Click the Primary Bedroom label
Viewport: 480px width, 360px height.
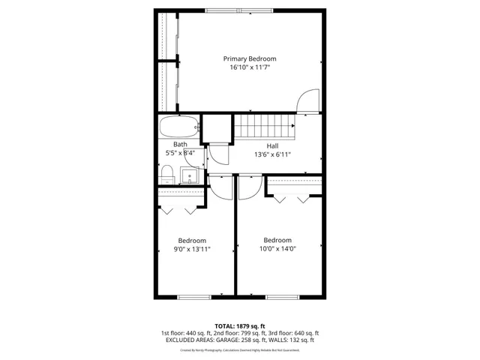click(250, 58)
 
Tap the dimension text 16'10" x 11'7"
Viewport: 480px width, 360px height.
click(250, 67)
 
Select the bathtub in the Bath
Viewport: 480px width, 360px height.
click(179, 127)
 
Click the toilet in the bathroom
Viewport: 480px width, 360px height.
click(166, 176)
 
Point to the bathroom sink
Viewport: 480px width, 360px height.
click(190, 177)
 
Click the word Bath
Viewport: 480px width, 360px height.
click(180, 145)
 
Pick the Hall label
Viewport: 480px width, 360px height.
click(272, 145)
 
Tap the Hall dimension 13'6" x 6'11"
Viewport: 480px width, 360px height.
click(272, 154)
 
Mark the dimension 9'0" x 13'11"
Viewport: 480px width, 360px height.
click(192, 250)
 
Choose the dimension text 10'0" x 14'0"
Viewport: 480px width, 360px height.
click(277, 250)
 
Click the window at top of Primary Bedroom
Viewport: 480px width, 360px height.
click(239, 10)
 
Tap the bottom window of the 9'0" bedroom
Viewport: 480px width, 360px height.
click(193, 297)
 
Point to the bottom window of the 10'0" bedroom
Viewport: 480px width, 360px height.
click(280, 297)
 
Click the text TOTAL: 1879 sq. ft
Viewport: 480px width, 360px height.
click(240, 326)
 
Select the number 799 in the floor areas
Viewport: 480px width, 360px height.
click(237, 333)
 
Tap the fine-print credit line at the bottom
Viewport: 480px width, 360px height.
click(240, 349)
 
